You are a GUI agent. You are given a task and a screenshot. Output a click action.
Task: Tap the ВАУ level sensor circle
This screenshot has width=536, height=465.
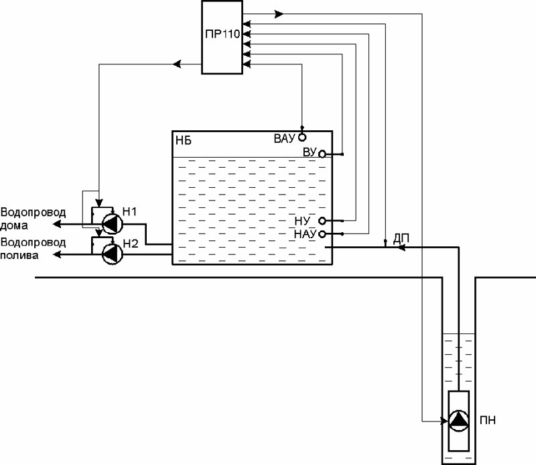[x=302, y=137]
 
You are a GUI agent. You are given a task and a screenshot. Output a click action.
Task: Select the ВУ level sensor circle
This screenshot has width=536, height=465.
[x=322, y=154]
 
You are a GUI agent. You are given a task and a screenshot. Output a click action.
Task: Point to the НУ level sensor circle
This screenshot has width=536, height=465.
[x=322, y=221]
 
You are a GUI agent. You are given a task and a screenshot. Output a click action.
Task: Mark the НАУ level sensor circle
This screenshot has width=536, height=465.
[x=322, y=234]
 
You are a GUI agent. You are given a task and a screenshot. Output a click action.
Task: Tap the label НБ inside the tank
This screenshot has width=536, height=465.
[x=183, y=140]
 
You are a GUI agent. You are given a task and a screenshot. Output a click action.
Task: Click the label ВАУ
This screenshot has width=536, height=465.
[x=285, y=140]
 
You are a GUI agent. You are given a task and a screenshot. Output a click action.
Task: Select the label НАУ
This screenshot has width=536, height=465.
[x=305, y=234]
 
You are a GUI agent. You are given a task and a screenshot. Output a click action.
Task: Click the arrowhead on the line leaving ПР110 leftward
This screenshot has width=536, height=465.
[x=177, y=64]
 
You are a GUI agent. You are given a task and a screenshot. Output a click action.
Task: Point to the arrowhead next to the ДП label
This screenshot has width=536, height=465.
[x=401, y=247]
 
